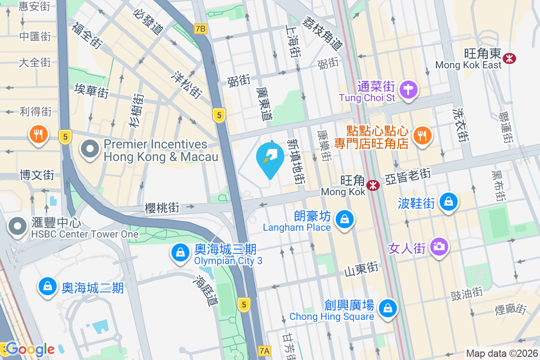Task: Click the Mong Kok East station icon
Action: coord(510,58)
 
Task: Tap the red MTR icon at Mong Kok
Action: coord(373,185)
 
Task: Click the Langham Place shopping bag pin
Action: coord(344,220)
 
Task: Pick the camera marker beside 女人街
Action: coord(439,246)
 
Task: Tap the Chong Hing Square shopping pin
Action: coord(387,308)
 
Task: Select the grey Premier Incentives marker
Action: coord(90,149)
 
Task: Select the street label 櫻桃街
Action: coord(162,207)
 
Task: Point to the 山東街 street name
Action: coord(361,269)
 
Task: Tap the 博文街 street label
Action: coord(37,175)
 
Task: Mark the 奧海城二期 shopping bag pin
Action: coord(47,286)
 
